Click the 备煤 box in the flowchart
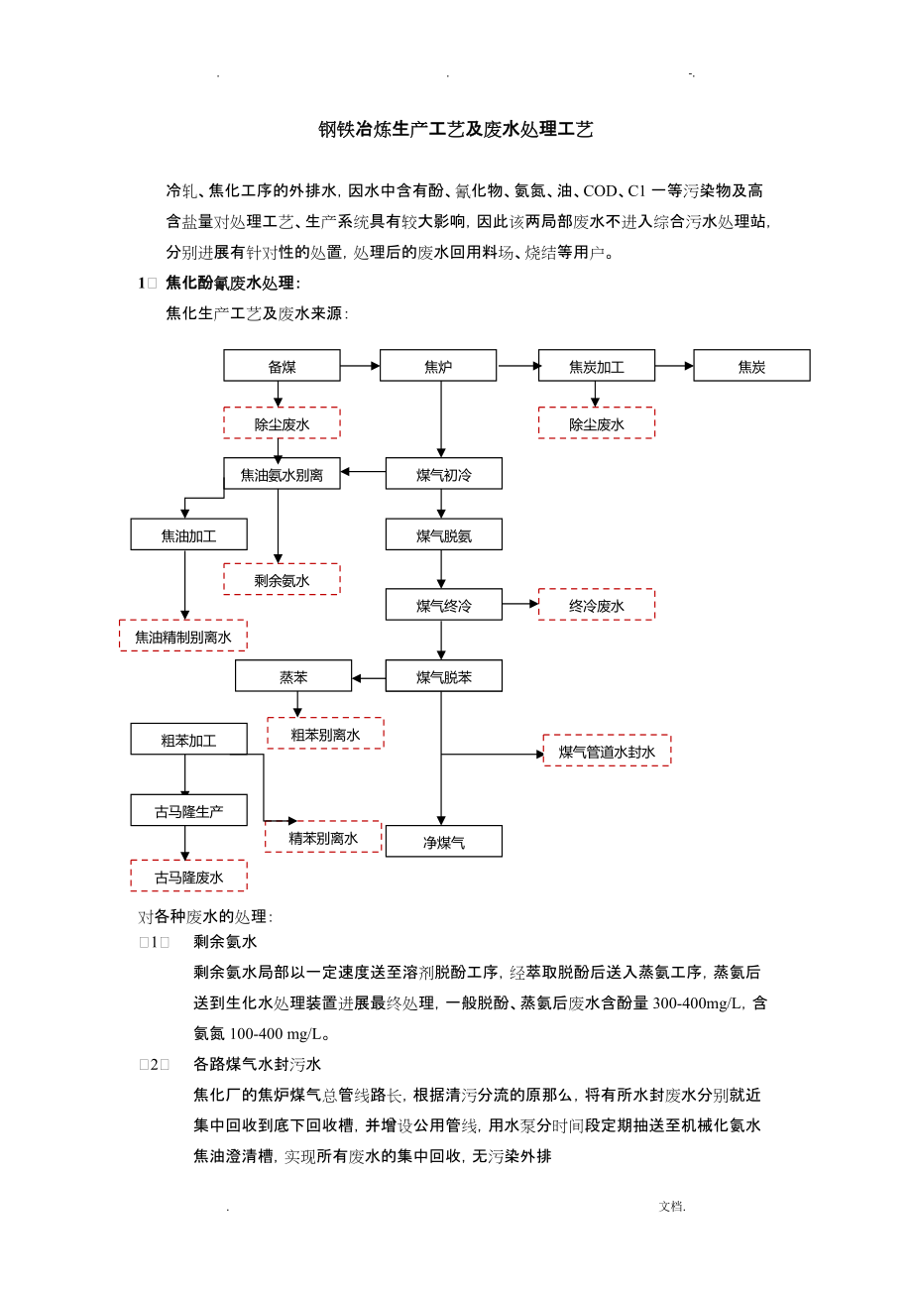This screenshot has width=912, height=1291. click(282, 366)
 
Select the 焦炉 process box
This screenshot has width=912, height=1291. click(438, 366)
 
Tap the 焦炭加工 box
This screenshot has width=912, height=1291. click(597, 366)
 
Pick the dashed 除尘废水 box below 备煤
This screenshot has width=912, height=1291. click(282, 423)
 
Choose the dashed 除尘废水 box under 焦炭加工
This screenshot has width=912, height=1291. click(597, 423)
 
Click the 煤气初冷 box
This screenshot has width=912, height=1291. click(444, 474)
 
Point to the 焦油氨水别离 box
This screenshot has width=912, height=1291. click(282, 474)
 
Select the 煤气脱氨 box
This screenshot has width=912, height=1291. click(444, 534)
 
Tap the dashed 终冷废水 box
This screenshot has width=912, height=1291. click(597, 605)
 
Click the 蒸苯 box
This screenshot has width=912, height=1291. click(293, 676)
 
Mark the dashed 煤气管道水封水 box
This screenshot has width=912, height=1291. click(607, 751)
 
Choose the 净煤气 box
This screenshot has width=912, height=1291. click(444, 842)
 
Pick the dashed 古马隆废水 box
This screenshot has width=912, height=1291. click(188, 877)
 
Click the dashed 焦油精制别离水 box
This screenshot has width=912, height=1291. click(183, 636)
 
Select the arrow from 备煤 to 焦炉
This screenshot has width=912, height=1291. click(360, 366)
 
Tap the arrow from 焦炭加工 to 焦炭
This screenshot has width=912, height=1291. click(674, 366)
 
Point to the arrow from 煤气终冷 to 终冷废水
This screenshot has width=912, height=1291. click(520, 604)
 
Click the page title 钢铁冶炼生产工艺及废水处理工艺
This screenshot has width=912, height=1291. click(455, 129)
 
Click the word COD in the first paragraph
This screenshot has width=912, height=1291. click(600, 191)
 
